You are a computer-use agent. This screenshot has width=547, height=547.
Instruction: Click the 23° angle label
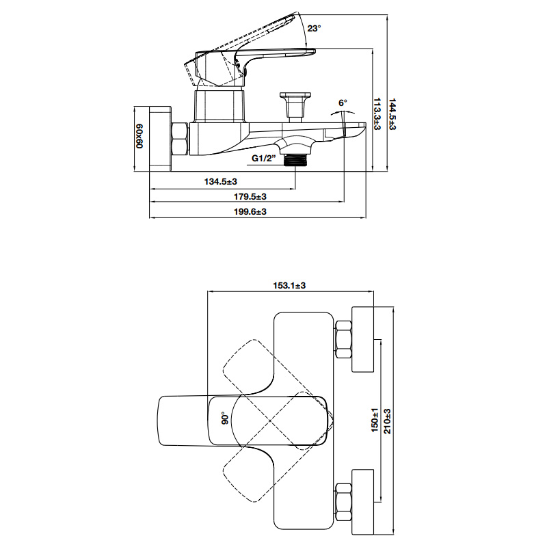(314, 28)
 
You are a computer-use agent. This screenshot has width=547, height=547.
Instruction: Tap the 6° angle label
(343, 103)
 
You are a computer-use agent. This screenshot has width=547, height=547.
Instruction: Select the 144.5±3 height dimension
(392, 114)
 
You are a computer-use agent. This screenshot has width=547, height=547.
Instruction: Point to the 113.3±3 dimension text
(377, 114)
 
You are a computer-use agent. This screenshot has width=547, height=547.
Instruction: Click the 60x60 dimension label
(139, 135)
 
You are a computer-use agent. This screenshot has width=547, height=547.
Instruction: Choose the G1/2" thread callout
(264, 158)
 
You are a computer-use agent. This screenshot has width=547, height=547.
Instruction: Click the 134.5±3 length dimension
(220, 181)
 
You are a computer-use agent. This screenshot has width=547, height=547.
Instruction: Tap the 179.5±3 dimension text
(250, 197)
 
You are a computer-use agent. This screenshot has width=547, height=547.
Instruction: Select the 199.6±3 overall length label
(250, 212)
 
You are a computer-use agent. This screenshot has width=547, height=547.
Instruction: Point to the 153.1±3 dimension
(289, 285)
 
